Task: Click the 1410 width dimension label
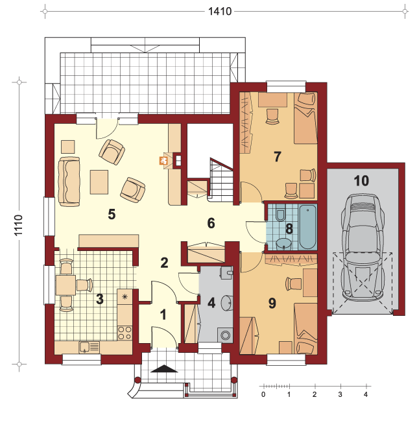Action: coord(220,12)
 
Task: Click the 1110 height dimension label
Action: coord(18,225)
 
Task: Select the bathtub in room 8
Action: coord(307,227)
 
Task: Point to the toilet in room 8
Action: coord(280,213)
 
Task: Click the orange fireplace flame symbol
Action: coord(163,160)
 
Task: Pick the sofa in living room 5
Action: coord(69,182)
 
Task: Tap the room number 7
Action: coord(277,156)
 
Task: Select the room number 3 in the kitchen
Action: coord(100,299)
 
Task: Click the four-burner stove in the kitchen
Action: coord(125,333)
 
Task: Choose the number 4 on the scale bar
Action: coord(366,394)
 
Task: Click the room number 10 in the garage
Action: coord(361,181)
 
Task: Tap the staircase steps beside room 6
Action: coord(221,180)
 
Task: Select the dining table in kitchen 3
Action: coord(66,285)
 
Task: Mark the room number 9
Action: coord(272,304)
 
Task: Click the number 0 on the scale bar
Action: coord(263,394)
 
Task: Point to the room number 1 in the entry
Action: coord(163,315)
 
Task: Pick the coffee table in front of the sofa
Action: coord(99,182)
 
